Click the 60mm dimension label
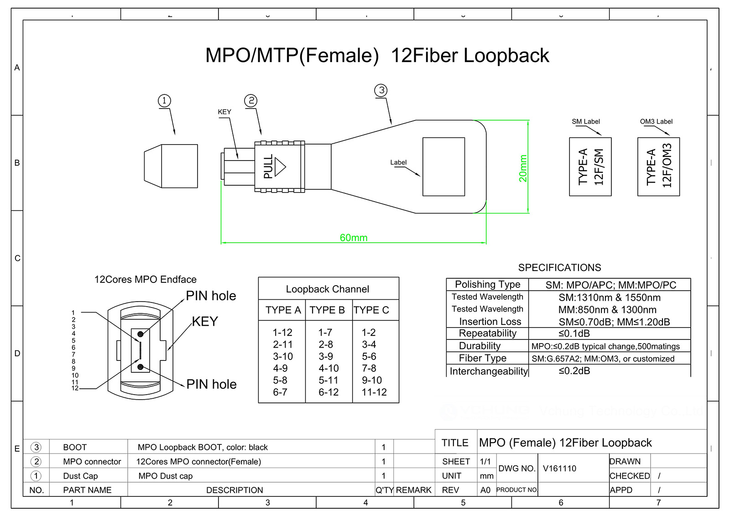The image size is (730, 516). point(353,238)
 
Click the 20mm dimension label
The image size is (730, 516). point(523,168)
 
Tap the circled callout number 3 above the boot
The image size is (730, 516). point(381,90)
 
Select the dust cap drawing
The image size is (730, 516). point(172,166)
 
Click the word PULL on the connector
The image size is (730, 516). point(268,167)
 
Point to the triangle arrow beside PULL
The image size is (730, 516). point(280,167)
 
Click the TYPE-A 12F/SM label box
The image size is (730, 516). point(590,167)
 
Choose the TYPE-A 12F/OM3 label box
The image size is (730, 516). point(658,167)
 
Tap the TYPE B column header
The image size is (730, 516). point(327,310)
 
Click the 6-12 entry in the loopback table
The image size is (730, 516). point(328,392)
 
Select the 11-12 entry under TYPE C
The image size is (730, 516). point(374,392)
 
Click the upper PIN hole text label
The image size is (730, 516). point(211,296)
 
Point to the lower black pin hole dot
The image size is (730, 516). point(140,367)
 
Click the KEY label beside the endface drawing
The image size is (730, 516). point(205,322)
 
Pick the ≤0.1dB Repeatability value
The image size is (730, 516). point(574,334)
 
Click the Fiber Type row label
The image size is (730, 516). point(483,358)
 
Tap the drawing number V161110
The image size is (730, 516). point(559,469)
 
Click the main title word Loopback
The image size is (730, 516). point(506,56)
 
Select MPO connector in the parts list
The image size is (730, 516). point(92,462)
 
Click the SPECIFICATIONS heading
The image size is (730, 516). point(559,268)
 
